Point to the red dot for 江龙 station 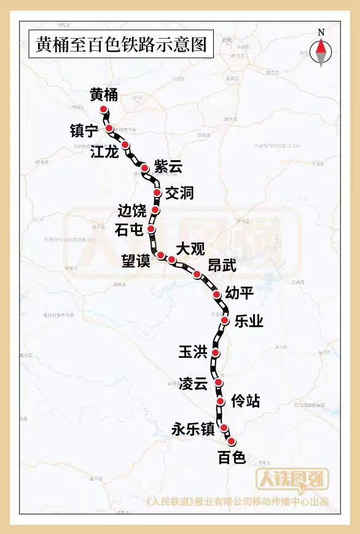pyautogui.click(x=125, y=145)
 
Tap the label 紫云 pyautogui.click(x=168, y=166)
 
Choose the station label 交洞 pyautogui.click(x=179, y=193)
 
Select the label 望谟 pyautogui.click(x=135, y=261)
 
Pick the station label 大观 pyautogui.click(x=190, y=249)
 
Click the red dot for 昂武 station pyautogui.click(x=197, y=274)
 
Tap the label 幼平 pyautogui.click(x=239, y=293)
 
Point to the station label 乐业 pyautogui.click(x=249, y=320)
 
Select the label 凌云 pyautogui.click(x=194, y=384)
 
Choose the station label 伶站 pyautogui.click(x=245, y=401)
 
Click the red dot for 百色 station pyautogui.click(x=231, y=441)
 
